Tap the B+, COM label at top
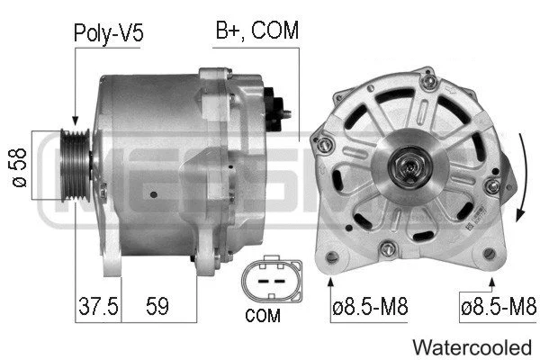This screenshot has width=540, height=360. pos(256,32)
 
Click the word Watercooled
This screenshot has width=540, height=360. pos(472,346)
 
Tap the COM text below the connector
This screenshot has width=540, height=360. pos(262,316)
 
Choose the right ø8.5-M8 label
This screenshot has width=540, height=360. pos(497,307)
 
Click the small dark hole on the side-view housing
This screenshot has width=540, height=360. pos(155,193)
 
